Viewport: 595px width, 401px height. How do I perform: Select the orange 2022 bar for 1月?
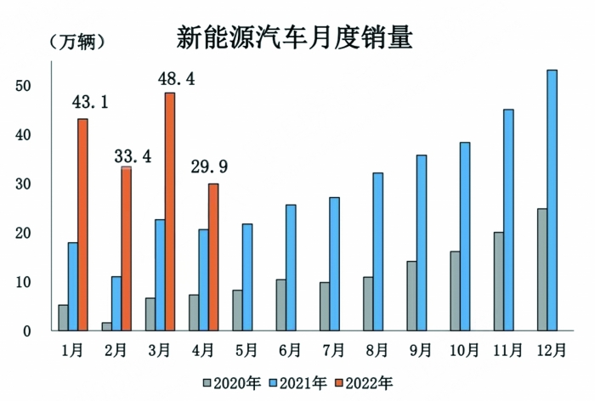click(x=82, y=224)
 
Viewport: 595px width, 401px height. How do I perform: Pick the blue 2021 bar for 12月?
click(x=552, y=200)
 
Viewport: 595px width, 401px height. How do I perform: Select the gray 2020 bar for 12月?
click(x=541, y=270)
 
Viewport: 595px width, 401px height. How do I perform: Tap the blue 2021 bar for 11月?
click(x=508, y=220)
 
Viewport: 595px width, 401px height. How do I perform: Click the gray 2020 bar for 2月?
click(x=106, y=326)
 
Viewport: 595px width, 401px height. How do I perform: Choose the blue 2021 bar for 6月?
click(x=291, y=268)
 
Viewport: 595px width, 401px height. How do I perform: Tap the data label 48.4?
click(x=178, y=79)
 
